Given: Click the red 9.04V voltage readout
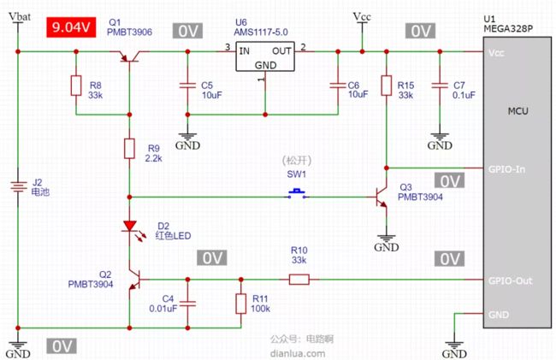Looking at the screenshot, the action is [x=71, y=27].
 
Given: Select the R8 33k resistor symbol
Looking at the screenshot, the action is [x=76, y=86].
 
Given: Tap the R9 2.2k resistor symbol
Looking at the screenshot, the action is [x=129, y=149].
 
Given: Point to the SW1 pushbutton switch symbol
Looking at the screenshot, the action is [x=297, y=194].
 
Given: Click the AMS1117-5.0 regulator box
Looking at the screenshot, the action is [x=265, y=56].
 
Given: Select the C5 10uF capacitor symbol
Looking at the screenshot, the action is [x=187, y=86].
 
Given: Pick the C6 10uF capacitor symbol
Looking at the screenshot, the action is [x=338, y=86].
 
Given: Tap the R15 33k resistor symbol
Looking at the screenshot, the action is [x=387, y=86].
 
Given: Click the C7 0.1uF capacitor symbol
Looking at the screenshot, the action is [x=440, y=86].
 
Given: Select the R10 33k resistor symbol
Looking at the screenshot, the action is [x=299, y=280].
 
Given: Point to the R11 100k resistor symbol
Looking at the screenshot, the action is [x=241, y=304].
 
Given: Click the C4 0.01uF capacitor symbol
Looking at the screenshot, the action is [x=187, y=304].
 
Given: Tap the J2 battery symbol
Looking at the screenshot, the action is [x=18, y=186].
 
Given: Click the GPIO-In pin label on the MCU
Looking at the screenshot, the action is [x=506, y=169].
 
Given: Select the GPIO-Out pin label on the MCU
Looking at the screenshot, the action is [x=511, y=281].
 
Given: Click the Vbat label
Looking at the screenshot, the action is [x=20, y=16].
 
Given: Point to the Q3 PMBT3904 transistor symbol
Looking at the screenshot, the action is [x=382, y=197].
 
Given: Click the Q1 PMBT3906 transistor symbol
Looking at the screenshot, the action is [x=129, y=56].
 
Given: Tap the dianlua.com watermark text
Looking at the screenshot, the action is [x=298, y=353].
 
